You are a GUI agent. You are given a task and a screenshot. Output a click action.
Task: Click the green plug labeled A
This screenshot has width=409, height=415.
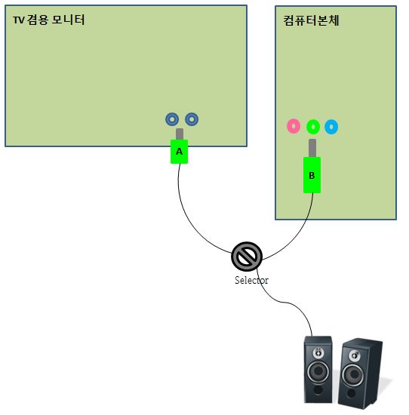(x=179, y=152)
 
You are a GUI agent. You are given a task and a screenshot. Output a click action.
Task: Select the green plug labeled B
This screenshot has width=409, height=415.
(x=312, y=175)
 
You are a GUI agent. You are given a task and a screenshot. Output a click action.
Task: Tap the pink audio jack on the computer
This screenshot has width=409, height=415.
(x=294, y=126)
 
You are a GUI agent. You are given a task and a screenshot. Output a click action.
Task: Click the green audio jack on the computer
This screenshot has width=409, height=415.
(x=313, y=127)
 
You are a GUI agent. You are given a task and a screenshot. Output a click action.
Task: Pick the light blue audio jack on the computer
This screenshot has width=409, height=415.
(x=331, y=127)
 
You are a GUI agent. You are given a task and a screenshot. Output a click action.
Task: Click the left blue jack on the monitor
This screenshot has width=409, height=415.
(x=172, y=119)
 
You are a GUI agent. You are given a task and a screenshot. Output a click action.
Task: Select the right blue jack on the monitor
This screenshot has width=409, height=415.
(x=192, y=119)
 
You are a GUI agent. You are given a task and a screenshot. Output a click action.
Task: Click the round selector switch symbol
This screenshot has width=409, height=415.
(x=247, y=257)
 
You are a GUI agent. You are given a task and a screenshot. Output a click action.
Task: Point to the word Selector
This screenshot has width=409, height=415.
(x=251, y=280)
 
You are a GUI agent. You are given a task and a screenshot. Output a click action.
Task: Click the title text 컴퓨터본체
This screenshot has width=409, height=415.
(x=311, y=20)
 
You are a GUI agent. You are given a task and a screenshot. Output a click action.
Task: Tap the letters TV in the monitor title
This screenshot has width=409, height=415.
(x=19, y=20)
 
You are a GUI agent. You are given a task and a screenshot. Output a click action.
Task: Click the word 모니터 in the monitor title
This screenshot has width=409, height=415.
(x=68, y=20)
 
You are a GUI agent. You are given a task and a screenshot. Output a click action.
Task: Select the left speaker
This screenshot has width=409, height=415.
(x=318, y=370)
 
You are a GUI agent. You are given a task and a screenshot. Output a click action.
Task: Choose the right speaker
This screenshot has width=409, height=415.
(x=361, y=373)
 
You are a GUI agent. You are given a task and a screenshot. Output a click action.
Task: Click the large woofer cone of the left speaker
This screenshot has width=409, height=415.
(x=318, y=372)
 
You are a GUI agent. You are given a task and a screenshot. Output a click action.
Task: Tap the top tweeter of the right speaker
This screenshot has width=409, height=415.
(x=355, y=355)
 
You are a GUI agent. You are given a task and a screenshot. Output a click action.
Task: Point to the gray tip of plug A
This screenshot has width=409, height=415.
(x=180, y=134)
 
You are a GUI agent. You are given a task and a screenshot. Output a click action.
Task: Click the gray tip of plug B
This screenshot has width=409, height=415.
(x=312, y=148)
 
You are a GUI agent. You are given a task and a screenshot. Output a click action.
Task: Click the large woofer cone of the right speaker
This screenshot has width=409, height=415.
(x=353, y=374)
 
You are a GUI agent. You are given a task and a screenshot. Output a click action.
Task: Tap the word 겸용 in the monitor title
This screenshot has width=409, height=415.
(x=37, y=20)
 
